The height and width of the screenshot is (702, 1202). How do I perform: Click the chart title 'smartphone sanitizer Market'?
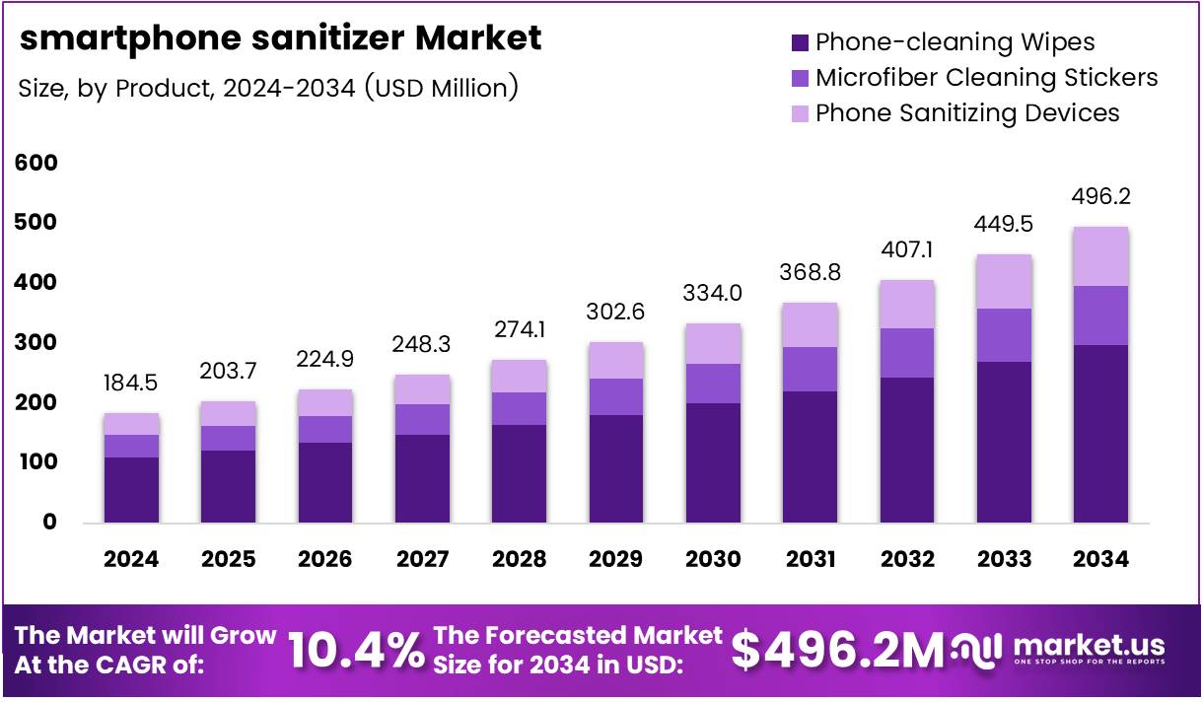280,37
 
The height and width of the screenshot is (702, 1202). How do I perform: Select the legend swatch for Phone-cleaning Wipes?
800,42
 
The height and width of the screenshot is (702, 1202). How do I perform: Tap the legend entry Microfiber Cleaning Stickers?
986,77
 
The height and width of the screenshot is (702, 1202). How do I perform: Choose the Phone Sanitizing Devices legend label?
966,112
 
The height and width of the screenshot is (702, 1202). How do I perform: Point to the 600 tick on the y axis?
36,163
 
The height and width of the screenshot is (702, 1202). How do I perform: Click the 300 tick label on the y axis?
36,343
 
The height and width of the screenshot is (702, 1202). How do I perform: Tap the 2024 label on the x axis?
131,559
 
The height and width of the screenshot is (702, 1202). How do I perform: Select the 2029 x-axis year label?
615,559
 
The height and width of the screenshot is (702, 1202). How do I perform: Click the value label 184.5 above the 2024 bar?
131,383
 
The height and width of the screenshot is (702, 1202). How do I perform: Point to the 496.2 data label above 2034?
1100,196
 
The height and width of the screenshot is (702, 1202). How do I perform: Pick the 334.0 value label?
713,293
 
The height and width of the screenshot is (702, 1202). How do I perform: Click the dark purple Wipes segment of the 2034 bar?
1100,434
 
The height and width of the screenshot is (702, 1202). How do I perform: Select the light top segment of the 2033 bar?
1004,281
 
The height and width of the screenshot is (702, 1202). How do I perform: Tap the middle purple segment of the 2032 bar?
907,352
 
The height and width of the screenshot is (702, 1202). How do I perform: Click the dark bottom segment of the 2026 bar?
325,482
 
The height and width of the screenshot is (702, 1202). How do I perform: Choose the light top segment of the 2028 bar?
520,376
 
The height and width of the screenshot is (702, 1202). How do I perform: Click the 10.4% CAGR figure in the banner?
354,651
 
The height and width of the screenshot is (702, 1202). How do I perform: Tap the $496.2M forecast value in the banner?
837,651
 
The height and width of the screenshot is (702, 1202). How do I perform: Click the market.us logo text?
1089,646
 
